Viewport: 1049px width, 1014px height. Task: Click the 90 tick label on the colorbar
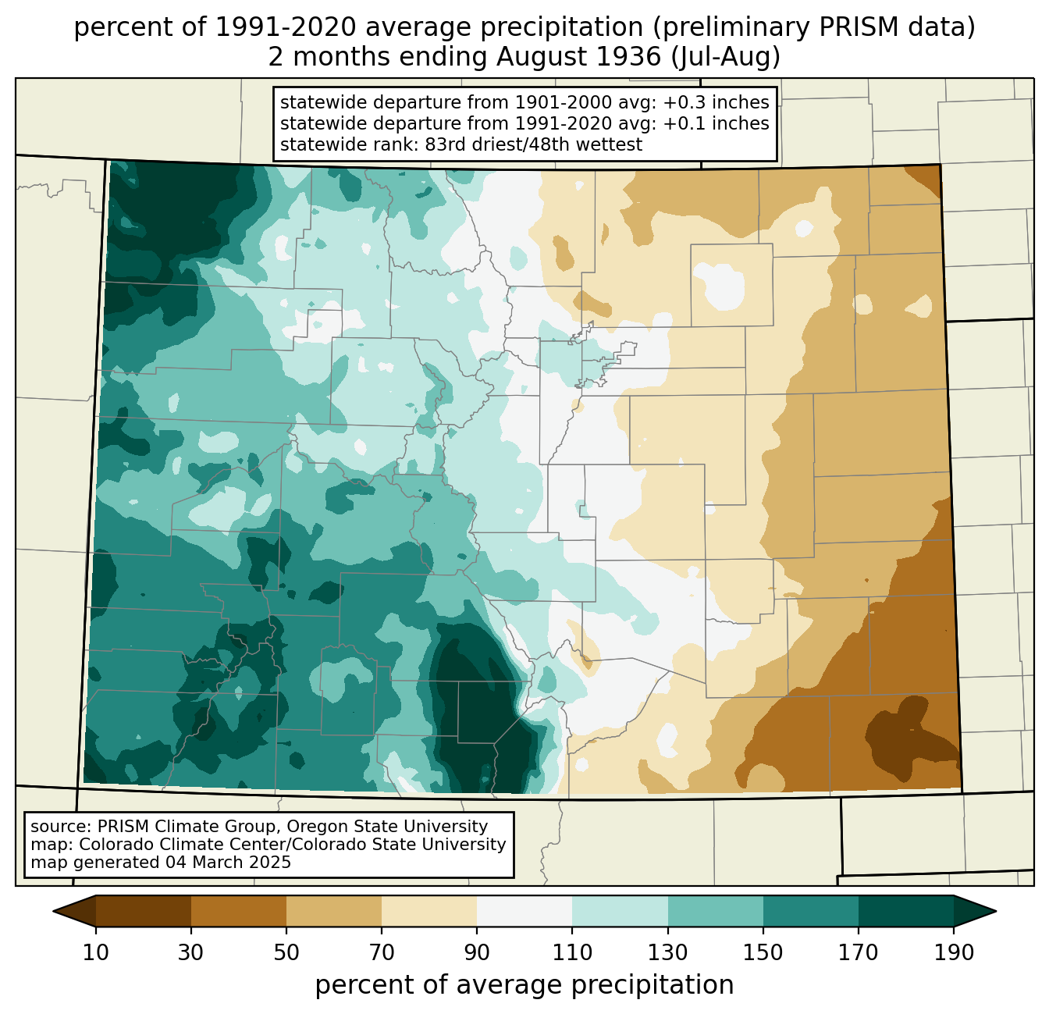pos(477,953)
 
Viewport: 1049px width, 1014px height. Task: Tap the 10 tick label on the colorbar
pos(96,953)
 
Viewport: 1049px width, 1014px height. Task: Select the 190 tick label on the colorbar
pos(953,953)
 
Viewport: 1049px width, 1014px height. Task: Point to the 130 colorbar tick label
pos(668,953)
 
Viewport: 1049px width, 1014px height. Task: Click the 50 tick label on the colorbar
pos(286,953)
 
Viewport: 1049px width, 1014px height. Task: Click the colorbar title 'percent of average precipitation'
pos(524,985)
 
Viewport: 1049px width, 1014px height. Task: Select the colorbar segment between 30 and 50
pos(239,911)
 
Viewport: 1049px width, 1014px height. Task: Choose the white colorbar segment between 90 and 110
pos(524,911)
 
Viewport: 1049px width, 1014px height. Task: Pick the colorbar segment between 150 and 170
pos(810,911)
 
